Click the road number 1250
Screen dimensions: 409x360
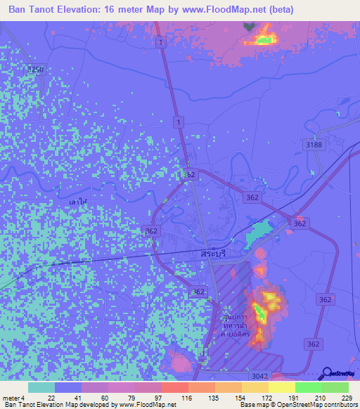(34, 70)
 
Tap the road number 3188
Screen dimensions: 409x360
(314, 145)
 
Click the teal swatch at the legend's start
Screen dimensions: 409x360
(41, 387)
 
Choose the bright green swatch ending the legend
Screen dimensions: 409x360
(335, 387)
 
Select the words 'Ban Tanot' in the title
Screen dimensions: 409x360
(34, 9)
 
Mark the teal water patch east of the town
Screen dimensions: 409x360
(259, 230)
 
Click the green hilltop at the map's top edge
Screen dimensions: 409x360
(265, 39)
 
